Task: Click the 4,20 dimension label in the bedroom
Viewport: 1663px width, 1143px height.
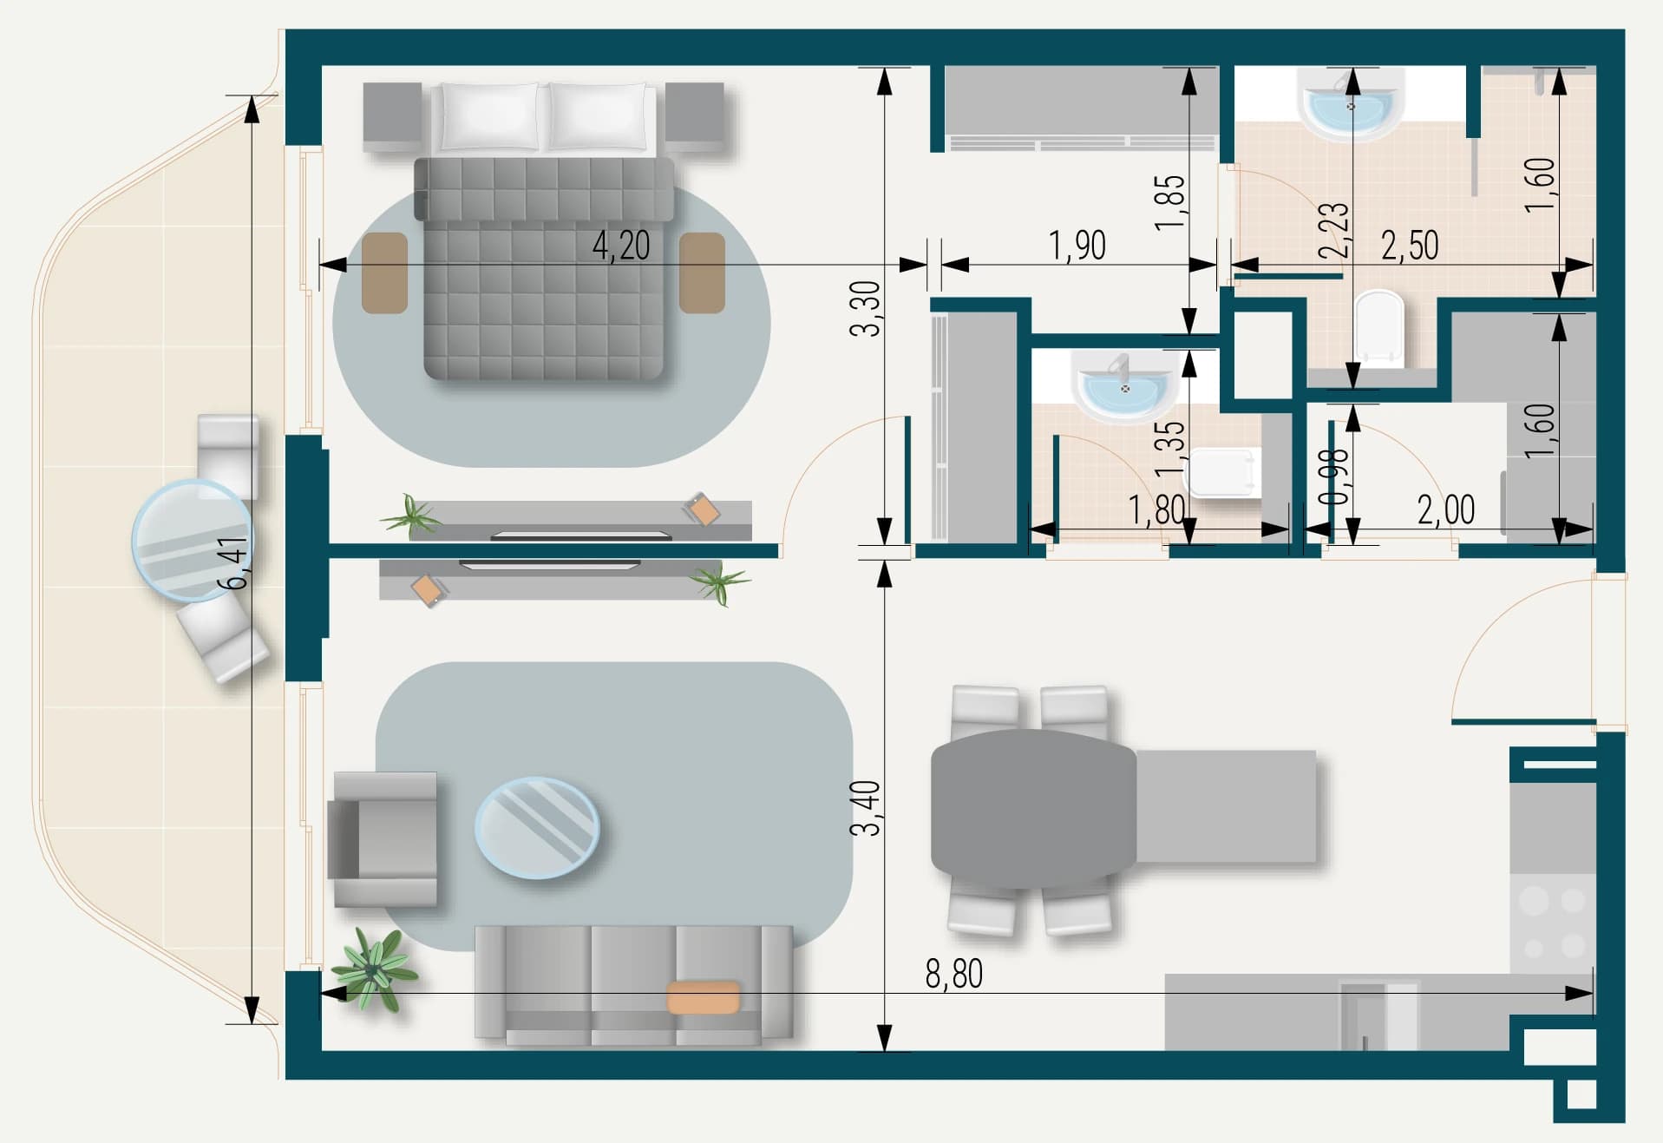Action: pyautogui.click(x=621, y=246)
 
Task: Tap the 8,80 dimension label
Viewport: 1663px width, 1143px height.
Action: pyautogui.click(x=954, y=975)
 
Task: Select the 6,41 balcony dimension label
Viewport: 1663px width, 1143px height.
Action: pyautogui.click(x=234, y=563)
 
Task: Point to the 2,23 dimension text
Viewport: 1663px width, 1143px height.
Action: pyautogui.click(x=1333, y=230)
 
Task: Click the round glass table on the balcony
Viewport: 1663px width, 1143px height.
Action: pyautogui.click(x=192, y=540)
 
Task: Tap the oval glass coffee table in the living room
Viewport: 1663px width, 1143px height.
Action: pyautogui.click(x=537, y=827)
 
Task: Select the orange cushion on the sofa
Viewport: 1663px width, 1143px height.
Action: pyautogui.click(x=704, y=997)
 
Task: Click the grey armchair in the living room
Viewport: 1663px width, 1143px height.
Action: pyautogui.click(x=383, y=839)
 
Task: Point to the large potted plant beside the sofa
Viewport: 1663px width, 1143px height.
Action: pyautogui.click(x=374, y=969)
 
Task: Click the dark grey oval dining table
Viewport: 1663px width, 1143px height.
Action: pyautogui.click(x=1033, y=809)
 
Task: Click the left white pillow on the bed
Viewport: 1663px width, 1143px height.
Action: pyautogui.click(x=488, y=116)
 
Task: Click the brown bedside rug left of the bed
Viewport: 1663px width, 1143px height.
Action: pyautogui.click(x=385, y=273)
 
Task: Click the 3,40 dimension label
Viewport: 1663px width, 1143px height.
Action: pyautogui.click(x=865, y=808)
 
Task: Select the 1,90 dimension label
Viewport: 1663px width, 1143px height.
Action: pyautogui.click(x=1077, y=246)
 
